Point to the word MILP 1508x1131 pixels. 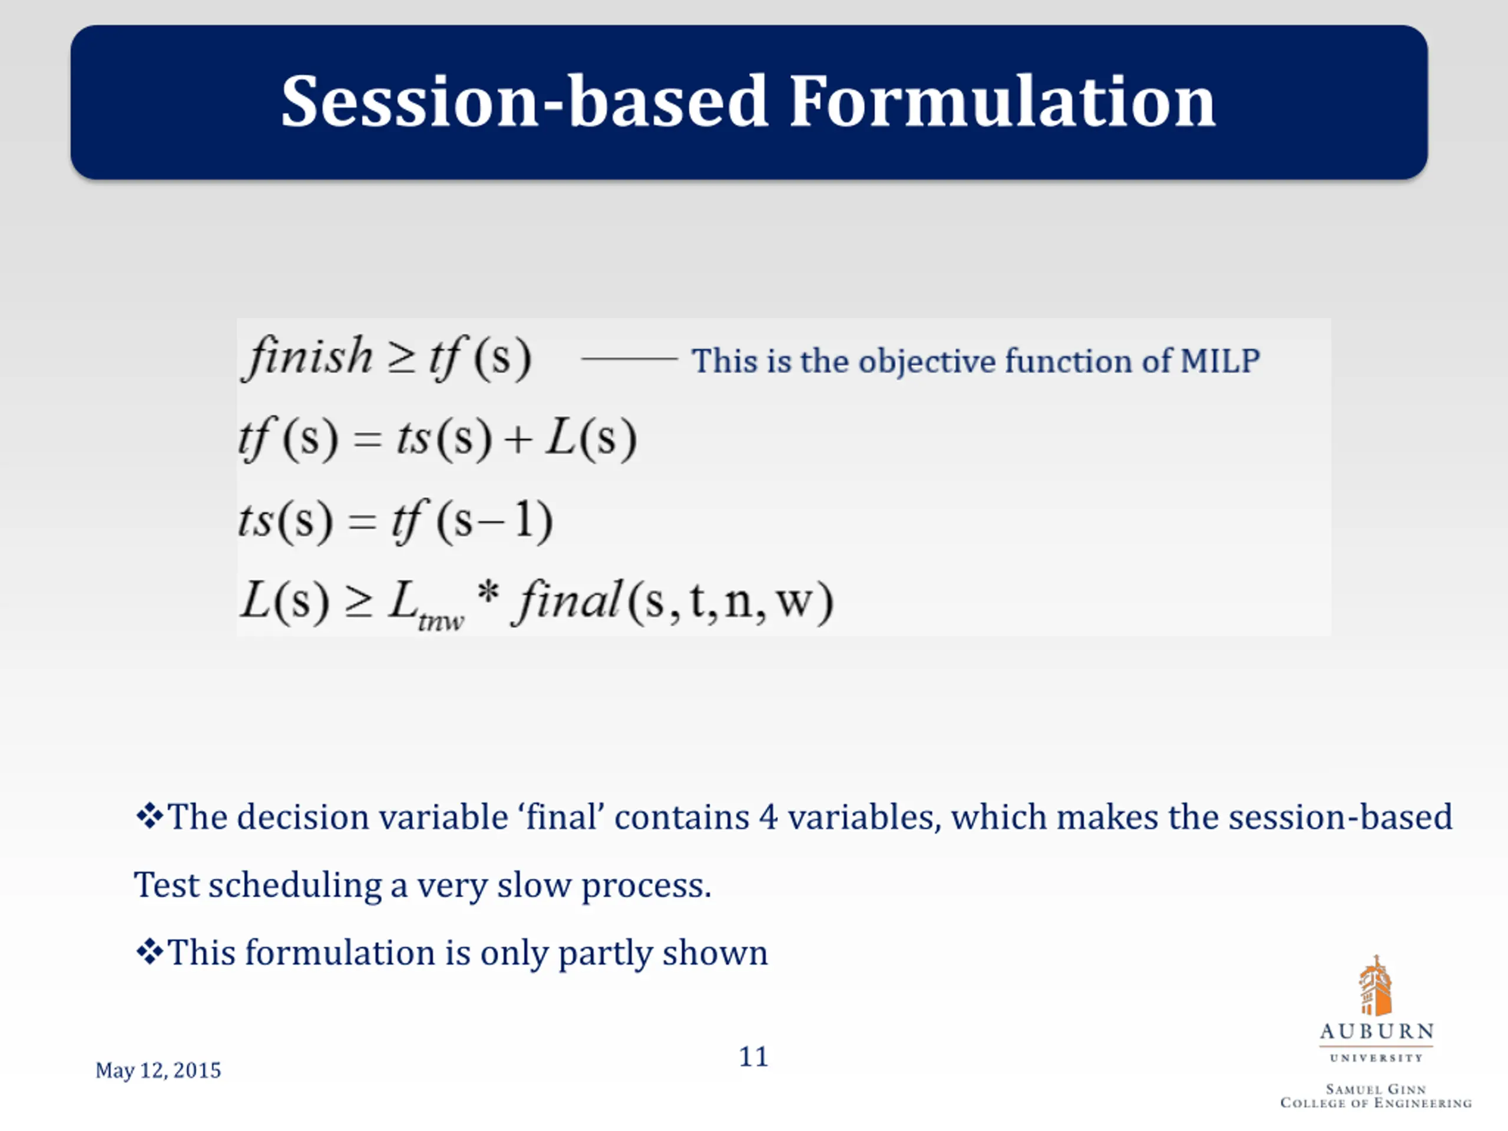click(1221, 361)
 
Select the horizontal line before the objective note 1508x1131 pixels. click(629, 358)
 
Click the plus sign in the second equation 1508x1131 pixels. click(518, 438)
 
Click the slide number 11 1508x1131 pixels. click(753, 1057)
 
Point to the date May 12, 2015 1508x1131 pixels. click(158, 1070)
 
